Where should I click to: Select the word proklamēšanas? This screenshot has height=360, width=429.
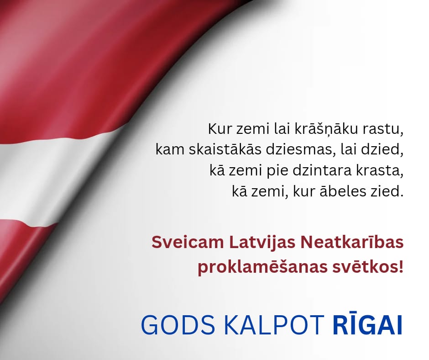263,267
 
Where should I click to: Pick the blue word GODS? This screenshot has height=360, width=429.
178,325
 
